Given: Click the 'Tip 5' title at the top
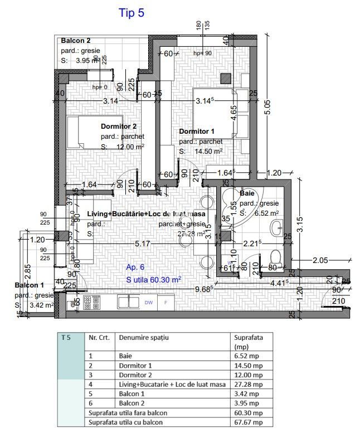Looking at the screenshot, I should click(132, 13).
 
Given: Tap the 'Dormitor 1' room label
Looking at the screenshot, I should click(196, 132).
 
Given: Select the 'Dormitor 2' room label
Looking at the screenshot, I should click(118, 126).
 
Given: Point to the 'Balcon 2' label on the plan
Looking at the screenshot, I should click(76, 41).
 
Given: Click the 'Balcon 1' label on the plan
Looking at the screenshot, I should click(30, 286).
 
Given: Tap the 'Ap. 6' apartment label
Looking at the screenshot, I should click(135, 267).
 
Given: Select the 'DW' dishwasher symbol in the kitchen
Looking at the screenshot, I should click(148, 303).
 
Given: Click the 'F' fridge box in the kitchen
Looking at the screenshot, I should click(165, 303).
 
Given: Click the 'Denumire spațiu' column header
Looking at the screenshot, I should click(144, 338).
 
